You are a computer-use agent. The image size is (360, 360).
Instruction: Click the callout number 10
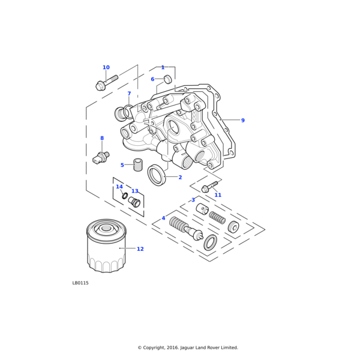pos(106,68)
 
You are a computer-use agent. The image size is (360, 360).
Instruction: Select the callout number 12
pos(140,249)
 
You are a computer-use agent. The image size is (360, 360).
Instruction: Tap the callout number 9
pos(243,121)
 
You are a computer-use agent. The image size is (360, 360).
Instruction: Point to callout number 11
pos(218,195)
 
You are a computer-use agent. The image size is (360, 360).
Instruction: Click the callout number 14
pos(119,187)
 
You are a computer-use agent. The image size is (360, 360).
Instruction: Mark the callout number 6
pos(152,79)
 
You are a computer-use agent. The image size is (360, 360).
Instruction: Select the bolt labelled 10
pos(106,82)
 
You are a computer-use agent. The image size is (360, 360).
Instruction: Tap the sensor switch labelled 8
pos(101,158)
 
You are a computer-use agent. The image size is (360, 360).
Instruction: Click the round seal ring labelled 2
pos(157,176)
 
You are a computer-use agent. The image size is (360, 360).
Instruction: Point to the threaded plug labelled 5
pos(137,164)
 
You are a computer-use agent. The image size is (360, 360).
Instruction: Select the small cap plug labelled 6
pos(168,79)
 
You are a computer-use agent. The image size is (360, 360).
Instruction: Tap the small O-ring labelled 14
pos(125,196)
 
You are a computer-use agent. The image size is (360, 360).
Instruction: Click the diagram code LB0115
pos(80,283)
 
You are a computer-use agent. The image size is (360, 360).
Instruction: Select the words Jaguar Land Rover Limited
pos(208,347)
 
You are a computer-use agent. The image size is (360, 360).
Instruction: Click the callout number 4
pos(163,218)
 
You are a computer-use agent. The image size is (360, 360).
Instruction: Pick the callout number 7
pos(129,94)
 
